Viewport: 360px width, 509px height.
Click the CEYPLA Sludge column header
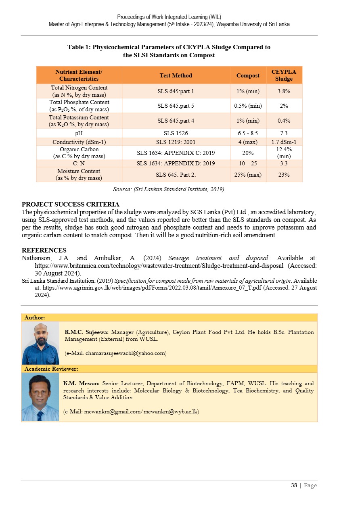tap(284, 75)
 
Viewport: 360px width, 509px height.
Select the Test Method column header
tap(176, 75)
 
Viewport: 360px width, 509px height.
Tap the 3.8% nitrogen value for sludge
tap(284, 91)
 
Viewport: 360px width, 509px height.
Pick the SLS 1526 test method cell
tap(176, 133)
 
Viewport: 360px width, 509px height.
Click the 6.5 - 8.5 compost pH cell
tap(248, 133)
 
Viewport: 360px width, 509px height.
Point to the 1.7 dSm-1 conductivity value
tap(284, 142)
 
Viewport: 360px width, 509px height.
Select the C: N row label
tap(79, 163)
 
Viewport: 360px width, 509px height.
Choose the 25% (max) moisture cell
tap(248, 175)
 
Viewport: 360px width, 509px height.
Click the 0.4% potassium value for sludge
tap(284, 121)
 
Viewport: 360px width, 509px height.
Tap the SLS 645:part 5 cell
tap(176, 106)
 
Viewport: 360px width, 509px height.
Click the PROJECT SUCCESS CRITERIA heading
tap(71, 204)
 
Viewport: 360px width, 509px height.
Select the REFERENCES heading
tap(44, 250)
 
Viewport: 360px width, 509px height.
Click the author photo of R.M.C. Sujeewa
tap(40, 343)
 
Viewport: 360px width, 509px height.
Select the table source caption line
tap(169, 189)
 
